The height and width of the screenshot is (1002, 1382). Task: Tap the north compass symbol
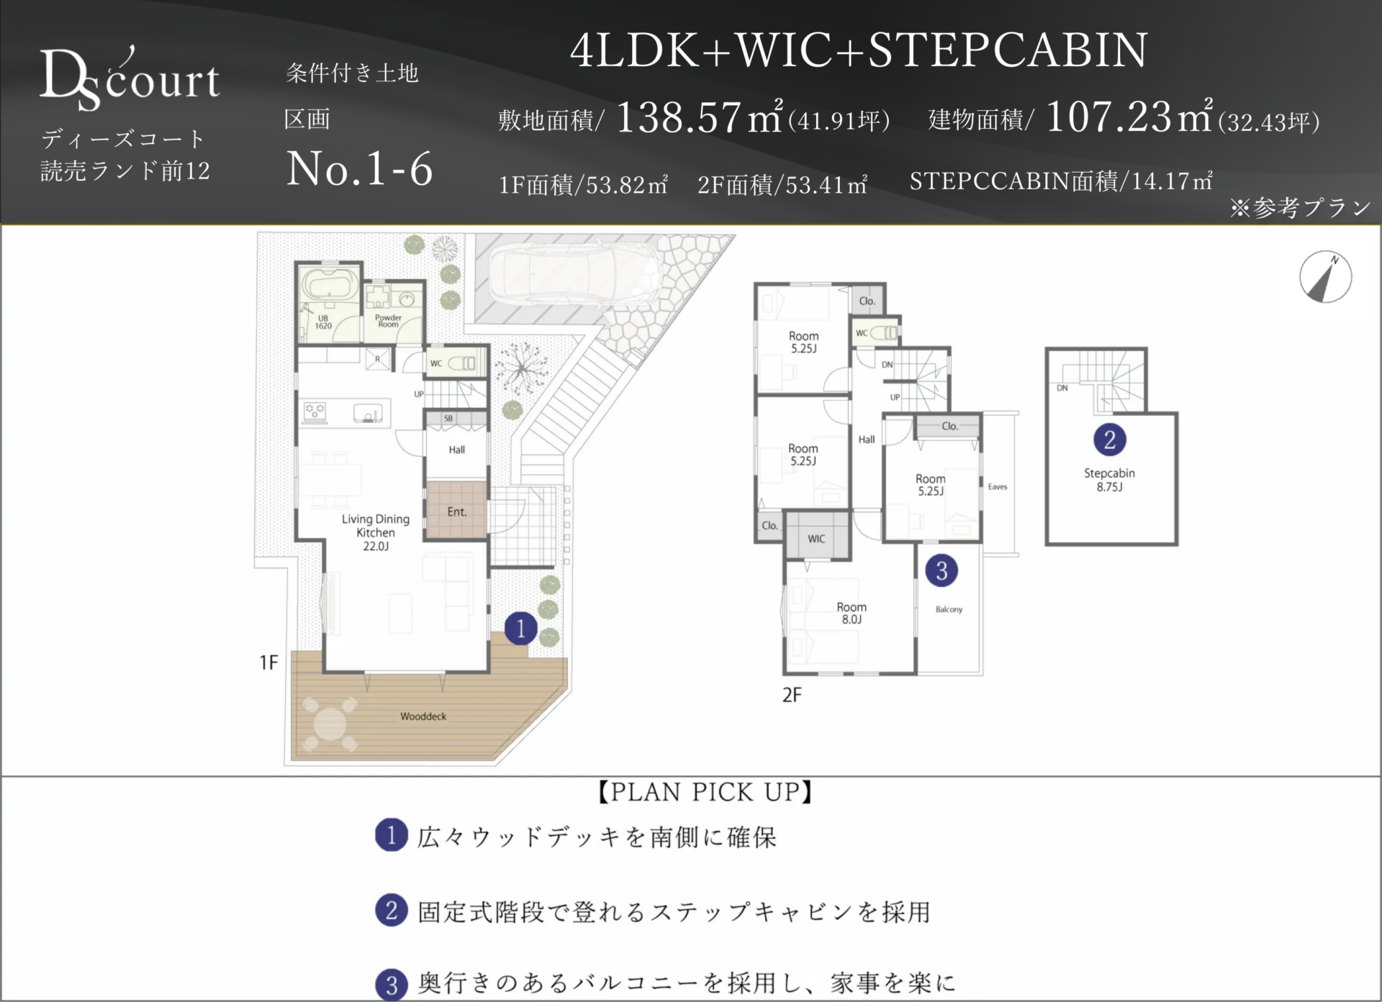(x=1325, y=277)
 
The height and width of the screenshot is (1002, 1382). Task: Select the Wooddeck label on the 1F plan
(x=423, y=716)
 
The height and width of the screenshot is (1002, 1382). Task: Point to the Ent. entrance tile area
(x=456, y=509)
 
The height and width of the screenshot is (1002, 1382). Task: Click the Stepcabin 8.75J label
(x=1109, y=480)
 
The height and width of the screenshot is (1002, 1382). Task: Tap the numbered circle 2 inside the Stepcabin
(x=1109, y=439)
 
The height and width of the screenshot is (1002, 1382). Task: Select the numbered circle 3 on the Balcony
(x=941, y=570)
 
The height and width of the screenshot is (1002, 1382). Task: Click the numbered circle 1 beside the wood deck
(x=520, y=628)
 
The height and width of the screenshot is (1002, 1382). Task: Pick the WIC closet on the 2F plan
(x=816, y=535)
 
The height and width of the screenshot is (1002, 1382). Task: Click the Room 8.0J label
(x=852, y=613)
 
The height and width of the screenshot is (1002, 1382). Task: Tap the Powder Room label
(x=388, y=321)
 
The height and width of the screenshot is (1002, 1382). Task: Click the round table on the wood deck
(x=330, y=724)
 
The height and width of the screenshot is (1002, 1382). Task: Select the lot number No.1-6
(x=360, y=170)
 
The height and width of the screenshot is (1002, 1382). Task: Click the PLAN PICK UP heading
(x=705, y=793)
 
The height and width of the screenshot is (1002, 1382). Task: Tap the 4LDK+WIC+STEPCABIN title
(x=859, y=50)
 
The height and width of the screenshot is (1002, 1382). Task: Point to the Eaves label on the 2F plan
(x=998, y=487)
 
